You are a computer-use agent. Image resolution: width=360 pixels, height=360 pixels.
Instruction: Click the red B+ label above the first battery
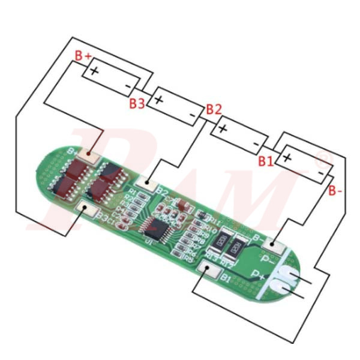[x=83, y=56]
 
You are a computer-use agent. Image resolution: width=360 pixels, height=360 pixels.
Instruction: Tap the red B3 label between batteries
[x=137, y=103]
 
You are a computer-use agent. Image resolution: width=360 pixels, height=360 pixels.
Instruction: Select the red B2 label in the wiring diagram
[x=214, y=109]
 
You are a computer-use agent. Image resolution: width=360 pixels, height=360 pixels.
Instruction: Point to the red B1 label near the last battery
[x=266, y=161]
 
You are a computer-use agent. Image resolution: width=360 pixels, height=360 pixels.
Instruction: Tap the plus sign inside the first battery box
[x=94, y=70]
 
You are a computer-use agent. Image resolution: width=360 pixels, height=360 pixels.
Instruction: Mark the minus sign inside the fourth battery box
[x=322, y=173]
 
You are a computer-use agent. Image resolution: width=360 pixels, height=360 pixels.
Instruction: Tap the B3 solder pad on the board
[x=84, y=209]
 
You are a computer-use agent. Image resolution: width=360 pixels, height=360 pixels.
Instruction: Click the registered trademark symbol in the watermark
[x=323, y=160]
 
